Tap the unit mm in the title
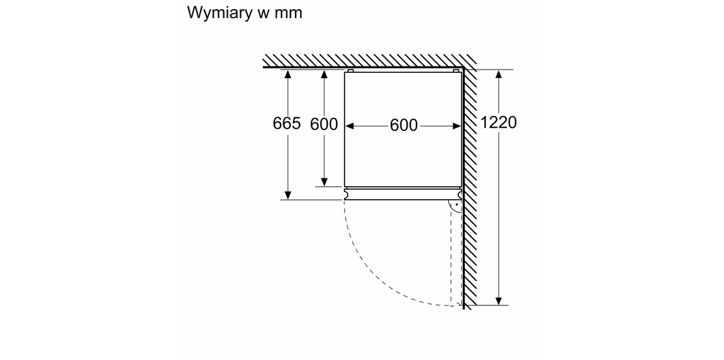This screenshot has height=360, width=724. click(x=288, y=13)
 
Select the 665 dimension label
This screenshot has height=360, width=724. click(x=286, y=123)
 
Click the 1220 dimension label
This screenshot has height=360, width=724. click(x=498, y=122)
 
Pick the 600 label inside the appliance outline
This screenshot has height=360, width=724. click(x=404, y=125)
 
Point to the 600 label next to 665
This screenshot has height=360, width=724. click(x=324, y=124)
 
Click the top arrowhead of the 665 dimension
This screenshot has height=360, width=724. click(x=288, y=74)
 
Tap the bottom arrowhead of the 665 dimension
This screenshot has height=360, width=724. click(x=288, y=195)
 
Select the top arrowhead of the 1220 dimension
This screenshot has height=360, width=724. click(x=499, y=74)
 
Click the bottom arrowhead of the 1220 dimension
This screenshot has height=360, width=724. click(x=499, y=301)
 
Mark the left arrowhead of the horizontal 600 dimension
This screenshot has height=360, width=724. click(x=350, y=126)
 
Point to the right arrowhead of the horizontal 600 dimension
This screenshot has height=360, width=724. click(x=456, y=126)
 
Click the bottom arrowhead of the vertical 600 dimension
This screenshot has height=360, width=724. click(x=325, y=182)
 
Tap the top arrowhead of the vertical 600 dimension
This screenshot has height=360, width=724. click(x=325, y=74)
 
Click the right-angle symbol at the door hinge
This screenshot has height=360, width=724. click(x=456, y=206)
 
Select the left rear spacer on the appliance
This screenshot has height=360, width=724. click(x=350, y=71)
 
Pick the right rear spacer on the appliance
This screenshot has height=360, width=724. click(x=456, y=71)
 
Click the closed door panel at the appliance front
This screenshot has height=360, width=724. click(x=403, y=194)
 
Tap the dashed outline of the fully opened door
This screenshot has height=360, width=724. click(x=451, y=253)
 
